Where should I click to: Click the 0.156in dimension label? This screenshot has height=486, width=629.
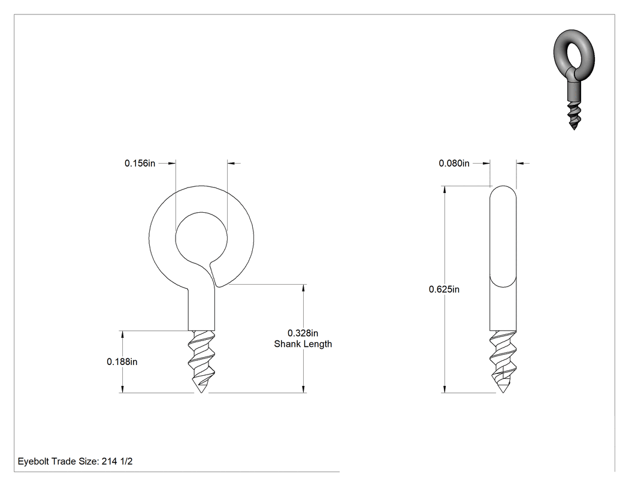(x=140, y=164)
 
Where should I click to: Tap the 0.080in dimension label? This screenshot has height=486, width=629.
(x=454, y=164)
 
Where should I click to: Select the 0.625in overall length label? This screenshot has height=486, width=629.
(x=444, y=289)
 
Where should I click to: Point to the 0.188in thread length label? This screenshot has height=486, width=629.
(x=122, y=362)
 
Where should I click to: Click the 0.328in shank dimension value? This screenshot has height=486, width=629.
(x=303, y=333)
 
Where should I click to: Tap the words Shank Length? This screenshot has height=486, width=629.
(x=303, y=344)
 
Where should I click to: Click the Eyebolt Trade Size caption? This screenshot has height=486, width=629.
(x=75, y=461)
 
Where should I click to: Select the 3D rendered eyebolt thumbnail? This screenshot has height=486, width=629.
(x=574, y=79)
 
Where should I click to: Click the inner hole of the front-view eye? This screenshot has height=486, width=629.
(x=201, y=239)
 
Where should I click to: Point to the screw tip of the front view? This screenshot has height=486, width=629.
(x=201, y=391)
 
